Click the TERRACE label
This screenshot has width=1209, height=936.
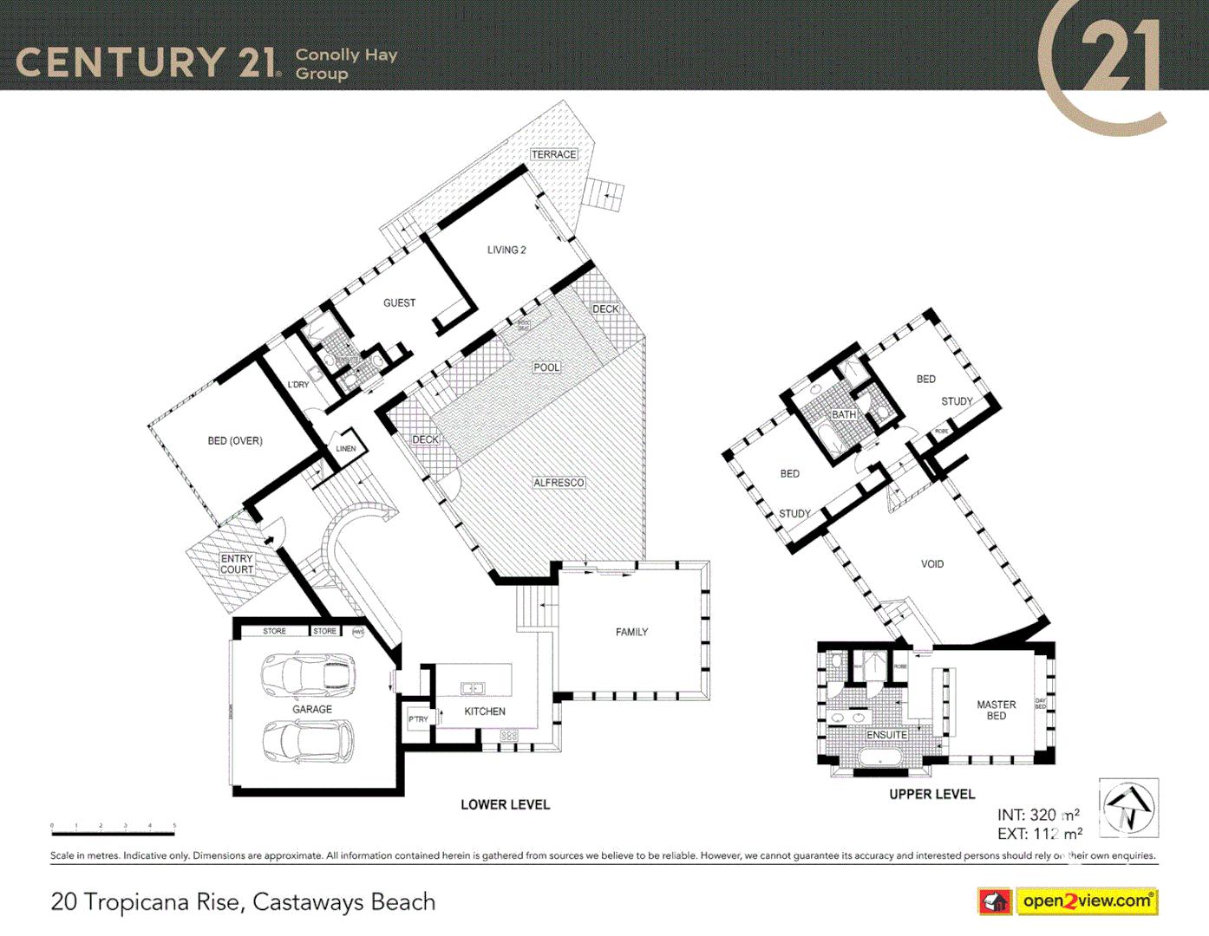point(553,154)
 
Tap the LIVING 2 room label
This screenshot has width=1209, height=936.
point(506,250)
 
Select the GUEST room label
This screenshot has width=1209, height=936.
point(399,302)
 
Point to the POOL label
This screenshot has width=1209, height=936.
point(546,367)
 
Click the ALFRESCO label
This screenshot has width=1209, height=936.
point(559,483)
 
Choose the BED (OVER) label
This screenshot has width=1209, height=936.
point(234,440)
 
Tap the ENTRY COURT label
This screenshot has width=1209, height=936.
point(237,564)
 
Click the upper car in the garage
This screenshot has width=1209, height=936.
point(309,674)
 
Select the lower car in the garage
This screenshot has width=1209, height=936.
point(309,741)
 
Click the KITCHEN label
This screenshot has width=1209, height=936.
point(484,712)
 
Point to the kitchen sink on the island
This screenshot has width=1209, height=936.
point(473,688)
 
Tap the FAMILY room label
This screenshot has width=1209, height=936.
point(631,632)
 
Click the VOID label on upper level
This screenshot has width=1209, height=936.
point(932,564)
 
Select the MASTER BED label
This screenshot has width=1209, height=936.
point(996,711)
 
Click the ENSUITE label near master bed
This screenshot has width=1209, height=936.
point(886,735)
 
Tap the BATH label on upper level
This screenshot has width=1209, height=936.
point(843,414)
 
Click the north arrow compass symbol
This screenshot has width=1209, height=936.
point(1128,808)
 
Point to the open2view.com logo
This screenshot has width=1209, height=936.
point(1087,901)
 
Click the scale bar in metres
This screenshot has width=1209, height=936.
point(113,832)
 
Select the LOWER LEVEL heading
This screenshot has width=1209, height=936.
point(505,804)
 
